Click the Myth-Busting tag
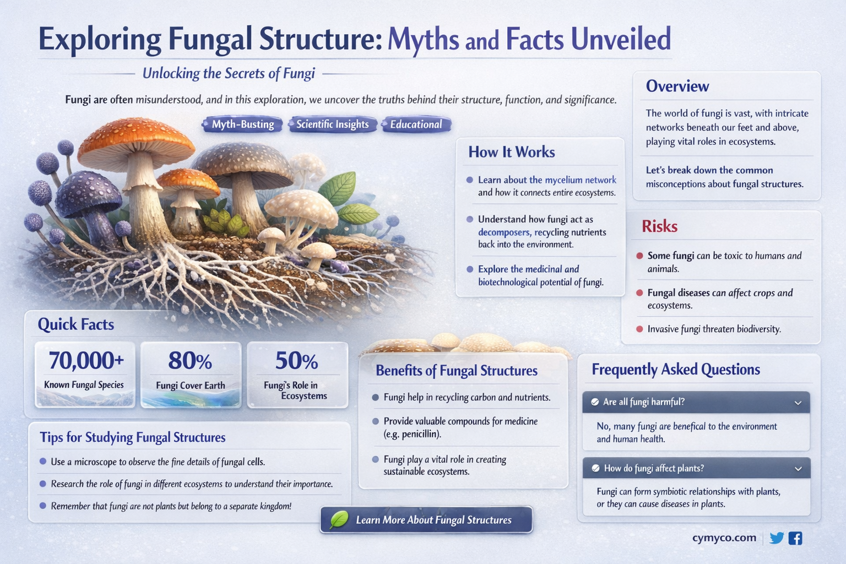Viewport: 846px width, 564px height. pyautogui.click(x=242, y=124)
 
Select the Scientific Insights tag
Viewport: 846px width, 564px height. pyautogui.click(x=332, y=124)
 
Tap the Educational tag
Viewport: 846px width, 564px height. pyautogui.click(x=416, y=124)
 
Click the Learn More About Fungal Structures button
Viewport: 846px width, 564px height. pyautogui.click(x=426, y=520)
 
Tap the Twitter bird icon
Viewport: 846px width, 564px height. pyautogui.click(x=777, y=538)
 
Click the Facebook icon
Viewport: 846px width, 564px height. pyautogui.click(x=795, y=538)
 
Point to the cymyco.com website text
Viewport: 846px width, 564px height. pyautogui.click(x=724, y=538)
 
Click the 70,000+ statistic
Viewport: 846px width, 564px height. pyautogui.click(x=86, y=361)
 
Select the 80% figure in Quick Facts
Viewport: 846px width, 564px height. pyautogui.click(x=190, y=361)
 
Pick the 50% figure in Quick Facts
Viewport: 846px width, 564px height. pyautogui.click(x=296, y=361)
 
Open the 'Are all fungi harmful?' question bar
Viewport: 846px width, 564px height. pyautogui.click(x=696, y=402)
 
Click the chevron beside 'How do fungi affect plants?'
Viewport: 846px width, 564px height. pyautogui.click(x=798, y=469)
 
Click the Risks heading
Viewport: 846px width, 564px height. pyautogui.click(x=659, y=226)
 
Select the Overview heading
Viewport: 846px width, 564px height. pyautogui.click(x=677, y=86)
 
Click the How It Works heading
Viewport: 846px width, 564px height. pyautogui.click(x=511, y=153)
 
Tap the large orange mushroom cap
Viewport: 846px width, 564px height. pyautogui.click(x=135, y=138)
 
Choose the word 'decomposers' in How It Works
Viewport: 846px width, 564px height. pyautogui.click(x=503, y=232)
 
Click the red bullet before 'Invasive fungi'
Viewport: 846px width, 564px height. pyautogui.click(x=639, y=329)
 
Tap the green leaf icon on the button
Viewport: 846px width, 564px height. pyautogui.click(x=338, y=520)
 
